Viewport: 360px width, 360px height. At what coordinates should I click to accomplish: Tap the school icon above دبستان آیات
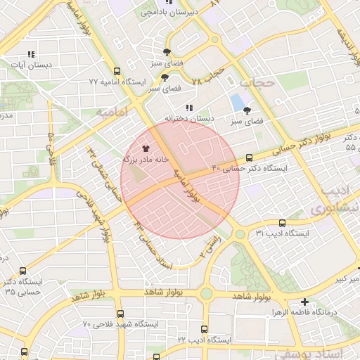pyautogui.click(x=30, y=53)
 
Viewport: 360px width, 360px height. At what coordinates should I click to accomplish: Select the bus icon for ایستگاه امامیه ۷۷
pyautogui.click(x=116, y=71)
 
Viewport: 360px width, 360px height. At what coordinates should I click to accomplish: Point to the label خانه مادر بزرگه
pyautogui.click(x=146, y=160)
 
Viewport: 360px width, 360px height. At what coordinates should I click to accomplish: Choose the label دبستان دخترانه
pyautogui.click(x=188, y=118)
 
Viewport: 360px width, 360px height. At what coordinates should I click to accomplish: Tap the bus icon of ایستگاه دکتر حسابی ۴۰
pyautogui.click(x=250, y=158)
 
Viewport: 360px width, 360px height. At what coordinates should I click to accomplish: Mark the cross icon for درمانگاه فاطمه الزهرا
pyautogui.click(x=304, y=302)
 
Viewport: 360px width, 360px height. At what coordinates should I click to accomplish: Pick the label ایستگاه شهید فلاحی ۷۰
pyautogui.click(x=120, y=324)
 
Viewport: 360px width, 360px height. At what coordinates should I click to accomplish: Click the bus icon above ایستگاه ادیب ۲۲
pyautogui.click(x=204, y=329)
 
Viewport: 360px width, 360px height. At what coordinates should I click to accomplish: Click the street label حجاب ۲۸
pyautogui.click(x=208, y=76)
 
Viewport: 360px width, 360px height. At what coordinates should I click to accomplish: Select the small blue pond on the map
pyautogui.click(x=238, y=103)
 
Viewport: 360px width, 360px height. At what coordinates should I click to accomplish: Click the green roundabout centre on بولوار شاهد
pyautogui.click(x=206, y=294)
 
